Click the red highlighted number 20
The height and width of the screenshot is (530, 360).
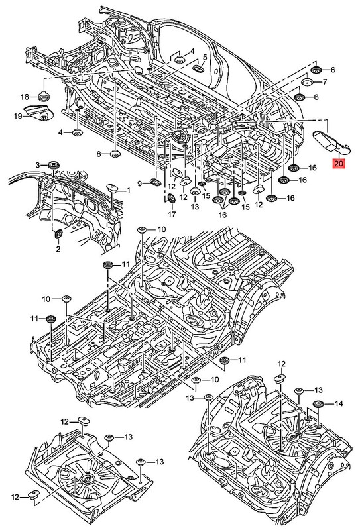[x=339, y=163]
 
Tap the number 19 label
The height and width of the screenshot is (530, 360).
[x=18, y=117]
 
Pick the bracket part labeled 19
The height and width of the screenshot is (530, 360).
[x=38, y=112]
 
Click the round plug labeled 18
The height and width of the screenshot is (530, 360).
[x=43, y=95]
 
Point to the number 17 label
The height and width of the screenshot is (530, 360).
[x=172, y=214]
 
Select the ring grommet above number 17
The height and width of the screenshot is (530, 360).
[x=172, y=198]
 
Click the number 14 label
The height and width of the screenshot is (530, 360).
[x=339, y=403]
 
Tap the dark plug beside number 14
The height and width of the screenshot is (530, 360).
[x=318, y=403]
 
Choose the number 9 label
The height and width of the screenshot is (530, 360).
[x=140, y=184]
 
